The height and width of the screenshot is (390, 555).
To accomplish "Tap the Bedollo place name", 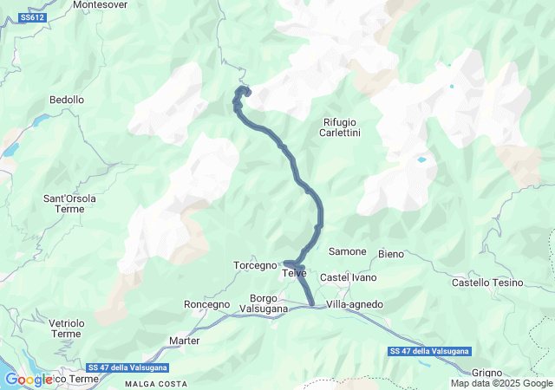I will click(67, 101).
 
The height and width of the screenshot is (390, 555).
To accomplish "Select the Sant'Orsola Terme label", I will click(70, 204).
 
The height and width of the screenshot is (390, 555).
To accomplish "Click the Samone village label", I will click(348, 251).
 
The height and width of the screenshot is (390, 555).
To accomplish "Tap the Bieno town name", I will click(391, 254).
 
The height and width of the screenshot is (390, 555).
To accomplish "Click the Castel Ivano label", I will click(348, 277).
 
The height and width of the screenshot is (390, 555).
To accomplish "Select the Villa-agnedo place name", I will click(355, 305).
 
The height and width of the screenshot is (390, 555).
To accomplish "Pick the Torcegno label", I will click(255, 265).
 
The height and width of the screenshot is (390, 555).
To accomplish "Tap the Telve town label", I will click(294, 274).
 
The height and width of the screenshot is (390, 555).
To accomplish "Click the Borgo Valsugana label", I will click(258, 303).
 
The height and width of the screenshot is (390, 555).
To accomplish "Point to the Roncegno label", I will click(207, 305).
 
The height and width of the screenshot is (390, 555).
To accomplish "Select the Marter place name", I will click(185, 341).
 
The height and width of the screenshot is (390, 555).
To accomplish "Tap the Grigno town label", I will click(513, 372).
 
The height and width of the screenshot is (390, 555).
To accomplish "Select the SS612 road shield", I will click(32, 17).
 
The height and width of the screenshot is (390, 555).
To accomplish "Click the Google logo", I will click(28, 380).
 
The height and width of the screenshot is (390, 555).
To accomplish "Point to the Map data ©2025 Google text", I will click(501, 383).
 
